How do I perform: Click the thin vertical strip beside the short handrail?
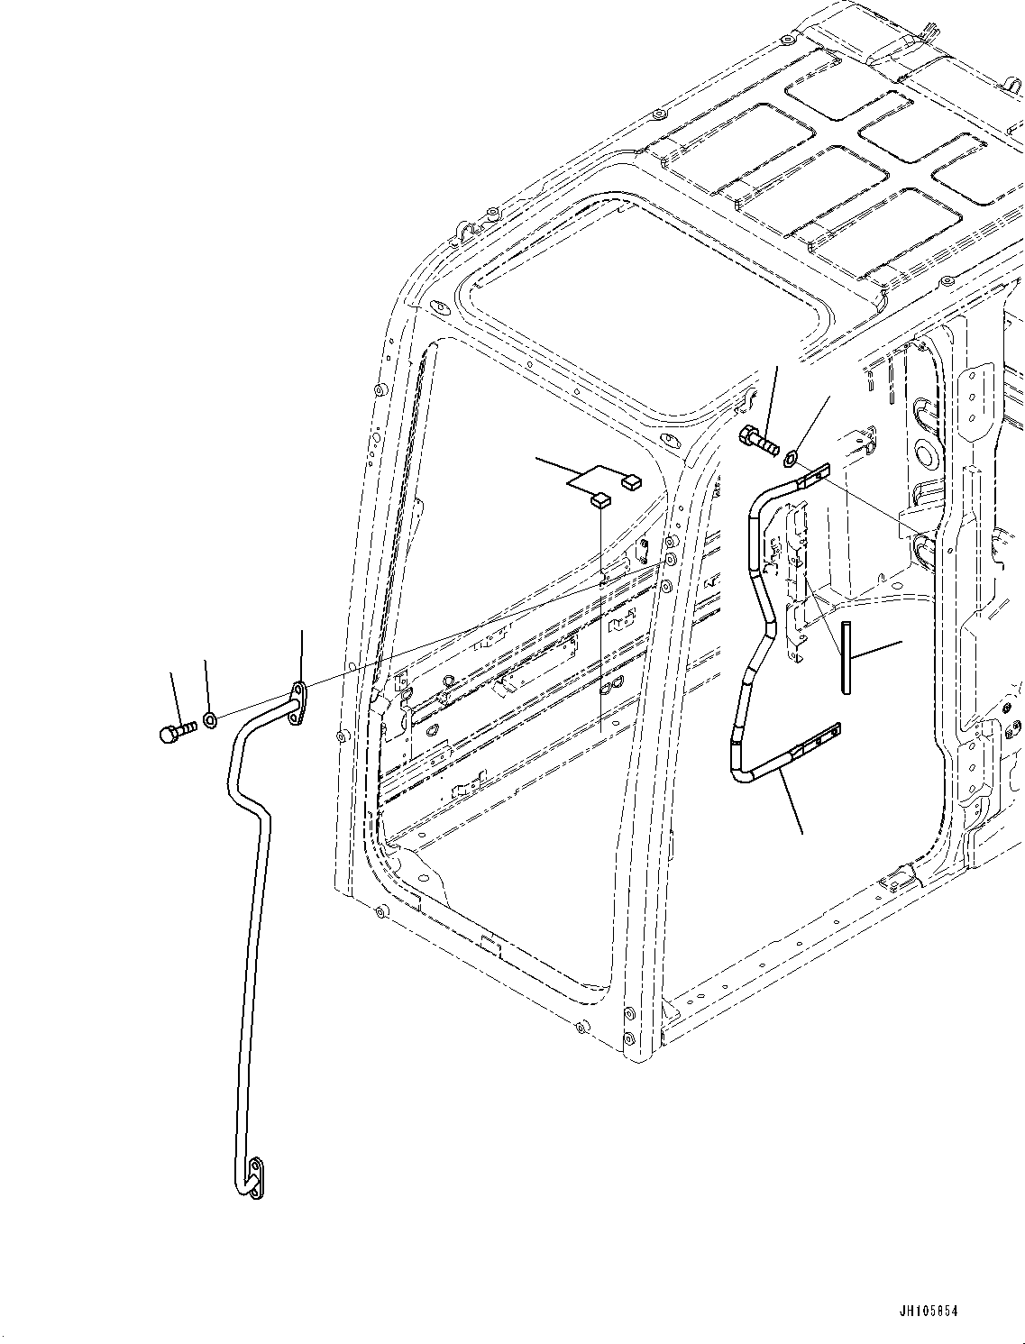(845, 657)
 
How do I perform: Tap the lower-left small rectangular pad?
(599, 498)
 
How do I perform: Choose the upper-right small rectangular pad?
(632, 481)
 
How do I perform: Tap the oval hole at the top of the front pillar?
(669, 442)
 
